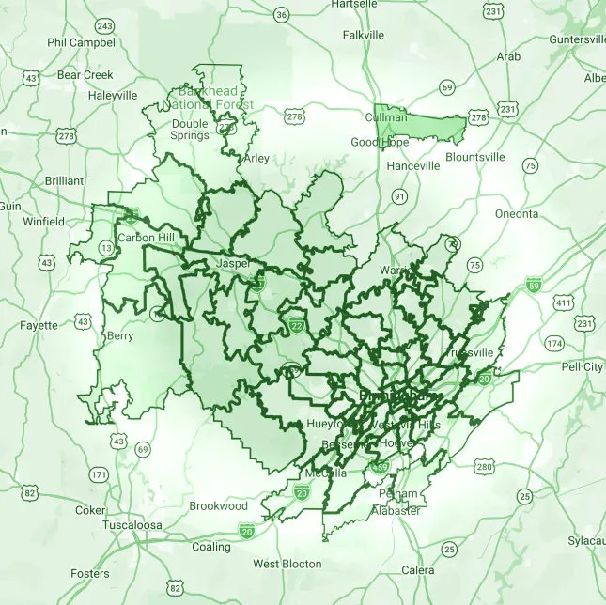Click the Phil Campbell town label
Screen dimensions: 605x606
coord(83,42)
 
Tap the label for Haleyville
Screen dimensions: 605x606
coord(113,95)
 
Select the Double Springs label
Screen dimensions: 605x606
coord(190,130)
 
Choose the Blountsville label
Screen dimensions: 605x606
coord(475,157)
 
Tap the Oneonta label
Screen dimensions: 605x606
coord(517,214)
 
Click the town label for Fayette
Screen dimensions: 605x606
coord(39,326)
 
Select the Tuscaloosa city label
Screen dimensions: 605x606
coord(132,524)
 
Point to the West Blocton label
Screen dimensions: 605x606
coord(287,565)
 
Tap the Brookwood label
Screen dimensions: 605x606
coord(219,505)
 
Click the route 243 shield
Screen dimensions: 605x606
coord(105,25)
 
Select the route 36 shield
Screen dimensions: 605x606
coord(281,15)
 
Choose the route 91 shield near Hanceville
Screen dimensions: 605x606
coord(400,196)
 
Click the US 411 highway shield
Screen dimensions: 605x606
coord(563,302)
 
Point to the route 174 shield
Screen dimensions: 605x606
coord(554,343)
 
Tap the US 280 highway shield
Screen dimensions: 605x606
coord(485,466)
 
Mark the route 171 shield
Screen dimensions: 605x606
coord(99,474)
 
